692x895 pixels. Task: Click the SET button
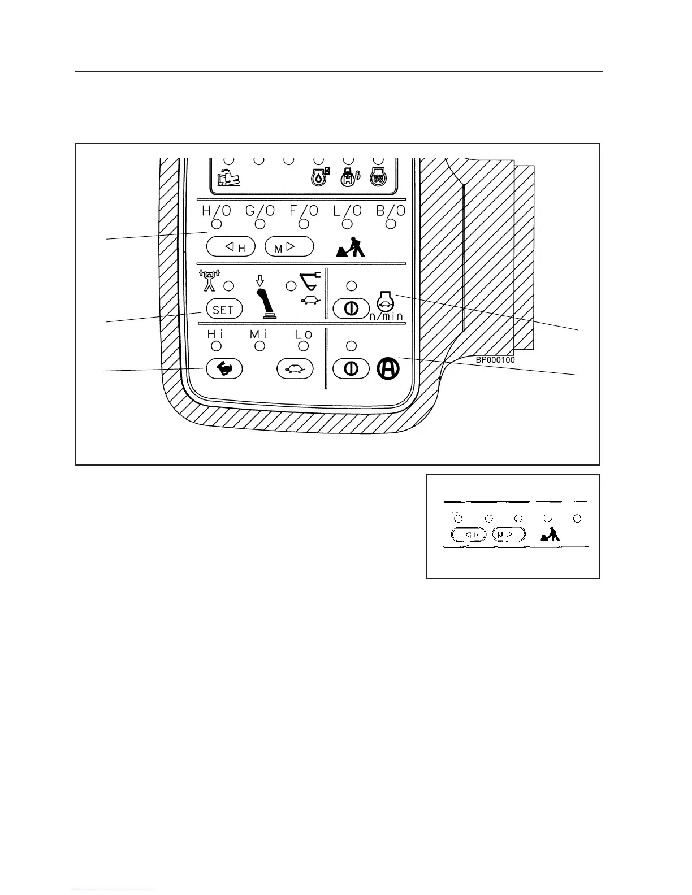[224, 309]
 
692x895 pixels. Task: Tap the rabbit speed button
[224, 369]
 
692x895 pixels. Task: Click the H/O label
[217, 211]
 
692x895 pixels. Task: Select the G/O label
[260, 211]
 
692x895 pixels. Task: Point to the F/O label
[304, 211]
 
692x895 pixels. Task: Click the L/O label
[347, 211]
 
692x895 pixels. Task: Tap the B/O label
[391, 211]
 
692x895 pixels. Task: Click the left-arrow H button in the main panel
[231, 246]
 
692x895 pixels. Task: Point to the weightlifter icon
[209, 280]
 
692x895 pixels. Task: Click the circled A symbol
[388, 368]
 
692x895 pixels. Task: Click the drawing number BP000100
[495, 359]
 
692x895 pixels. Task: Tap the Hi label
[215, 334]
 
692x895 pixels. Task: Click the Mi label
[259, 334]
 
